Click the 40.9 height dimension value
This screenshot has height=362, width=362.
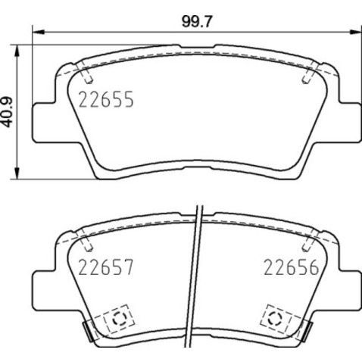[x=7, y=112]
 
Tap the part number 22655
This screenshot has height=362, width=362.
[x=106, y=99]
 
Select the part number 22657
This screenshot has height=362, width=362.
[x=106, y=267]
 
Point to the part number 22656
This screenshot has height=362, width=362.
[x=292, y=267]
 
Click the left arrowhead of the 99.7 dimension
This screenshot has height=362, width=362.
[x=39, y=32]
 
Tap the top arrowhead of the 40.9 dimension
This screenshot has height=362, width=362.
[x=17, y=51]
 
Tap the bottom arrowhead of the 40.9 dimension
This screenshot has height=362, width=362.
[x=17, y=173]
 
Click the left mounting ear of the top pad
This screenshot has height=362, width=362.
[x=44, y=123]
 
